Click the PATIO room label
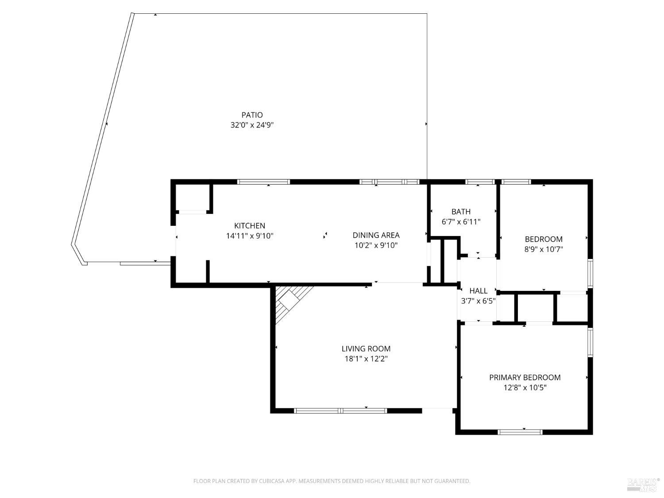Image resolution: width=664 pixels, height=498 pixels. click(252, 115)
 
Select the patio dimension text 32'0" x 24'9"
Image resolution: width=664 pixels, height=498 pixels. click(252, 125)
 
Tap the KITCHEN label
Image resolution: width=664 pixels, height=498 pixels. click(250, 226)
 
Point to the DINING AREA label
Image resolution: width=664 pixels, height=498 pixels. click(376, 235)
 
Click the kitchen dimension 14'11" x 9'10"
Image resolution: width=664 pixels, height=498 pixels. click(250, 236)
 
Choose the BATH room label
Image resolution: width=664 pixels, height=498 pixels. click(461, 212)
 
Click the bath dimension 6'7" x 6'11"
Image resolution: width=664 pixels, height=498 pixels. click(461, 222)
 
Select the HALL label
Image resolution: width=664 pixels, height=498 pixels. click(478, 291)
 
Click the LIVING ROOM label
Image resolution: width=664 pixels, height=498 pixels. click(366, 349)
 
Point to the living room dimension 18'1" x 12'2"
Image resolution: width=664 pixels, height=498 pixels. click(366, 359)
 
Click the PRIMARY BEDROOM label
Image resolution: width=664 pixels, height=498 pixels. click(525, 378)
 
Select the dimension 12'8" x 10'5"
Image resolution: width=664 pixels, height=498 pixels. click(525, 388)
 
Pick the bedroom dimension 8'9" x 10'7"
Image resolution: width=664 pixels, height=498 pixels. click(544, 249)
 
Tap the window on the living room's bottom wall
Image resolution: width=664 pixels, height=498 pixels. click(340, 411)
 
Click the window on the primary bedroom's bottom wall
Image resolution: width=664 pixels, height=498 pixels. click(520, 432)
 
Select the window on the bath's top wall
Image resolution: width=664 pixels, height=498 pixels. click(479, 181)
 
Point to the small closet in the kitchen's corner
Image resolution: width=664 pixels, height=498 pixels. click(193, 197)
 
